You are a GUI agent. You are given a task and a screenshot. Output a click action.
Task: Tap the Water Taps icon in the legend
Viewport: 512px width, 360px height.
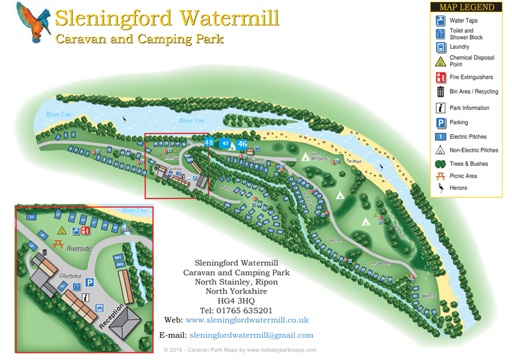[441, 21]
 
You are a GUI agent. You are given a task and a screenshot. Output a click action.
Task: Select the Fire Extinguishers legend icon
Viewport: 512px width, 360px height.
[441, 77]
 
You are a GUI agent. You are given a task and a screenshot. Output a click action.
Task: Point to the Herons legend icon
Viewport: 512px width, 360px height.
[441, 188]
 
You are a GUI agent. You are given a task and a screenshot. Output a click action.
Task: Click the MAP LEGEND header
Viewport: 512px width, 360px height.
[466, 7]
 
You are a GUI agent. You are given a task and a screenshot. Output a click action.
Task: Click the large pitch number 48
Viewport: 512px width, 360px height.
[209, 143]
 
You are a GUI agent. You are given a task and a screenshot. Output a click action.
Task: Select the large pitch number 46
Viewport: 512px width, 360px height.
[242, 144]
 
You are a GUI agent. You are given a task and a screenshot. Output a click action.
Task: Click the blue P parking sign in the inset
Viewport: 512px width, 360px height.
[90, 282]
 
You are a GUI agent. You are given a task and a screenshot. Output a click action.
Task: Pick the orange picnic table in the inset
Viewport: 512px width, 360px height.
[58, 243]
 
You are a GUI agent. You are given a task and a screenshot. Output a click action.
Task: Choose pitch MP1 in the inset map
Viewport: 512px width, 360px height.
[118, 258]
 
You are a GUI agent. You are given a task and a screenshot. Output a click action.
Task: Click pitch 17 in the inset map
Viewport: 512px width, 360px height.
[32, 217]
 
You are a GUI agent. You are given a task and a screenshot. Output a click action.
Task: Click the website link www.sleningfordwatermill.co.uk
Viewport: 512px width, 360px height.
[247, 320]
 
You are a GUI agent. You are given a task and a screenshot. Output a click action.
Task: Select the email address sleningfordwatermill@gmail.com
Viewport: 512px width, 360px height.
[251, 335]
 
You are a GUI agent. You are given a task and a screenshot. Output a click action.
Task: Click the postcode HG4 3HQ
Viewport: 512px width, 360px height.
[236, 301]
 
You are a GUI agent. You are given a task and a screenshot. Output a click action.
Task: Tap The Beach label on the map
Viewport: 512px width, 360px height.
[354, 161]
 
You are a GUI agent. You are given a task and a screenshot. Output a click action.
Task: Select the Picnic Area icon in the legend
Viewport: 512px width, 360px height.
[441, 176]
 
